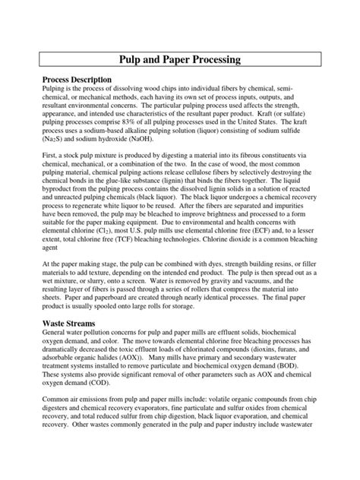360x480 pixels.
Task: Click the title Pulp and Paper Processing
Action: click(179, 58)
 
